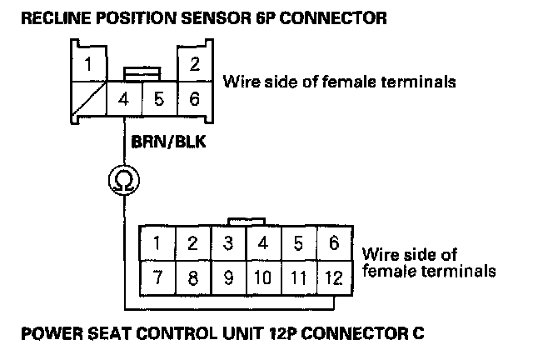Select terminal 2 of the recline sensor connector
pyautogui.click(x=194, y=63)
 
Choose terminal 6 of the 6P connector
pyautogui.click(x=194, y=100)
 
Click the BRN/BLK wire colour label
pyautogui.click(x=164, y=142)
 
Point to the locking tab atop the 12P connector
pyautogui.click(x=245, y=221)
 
